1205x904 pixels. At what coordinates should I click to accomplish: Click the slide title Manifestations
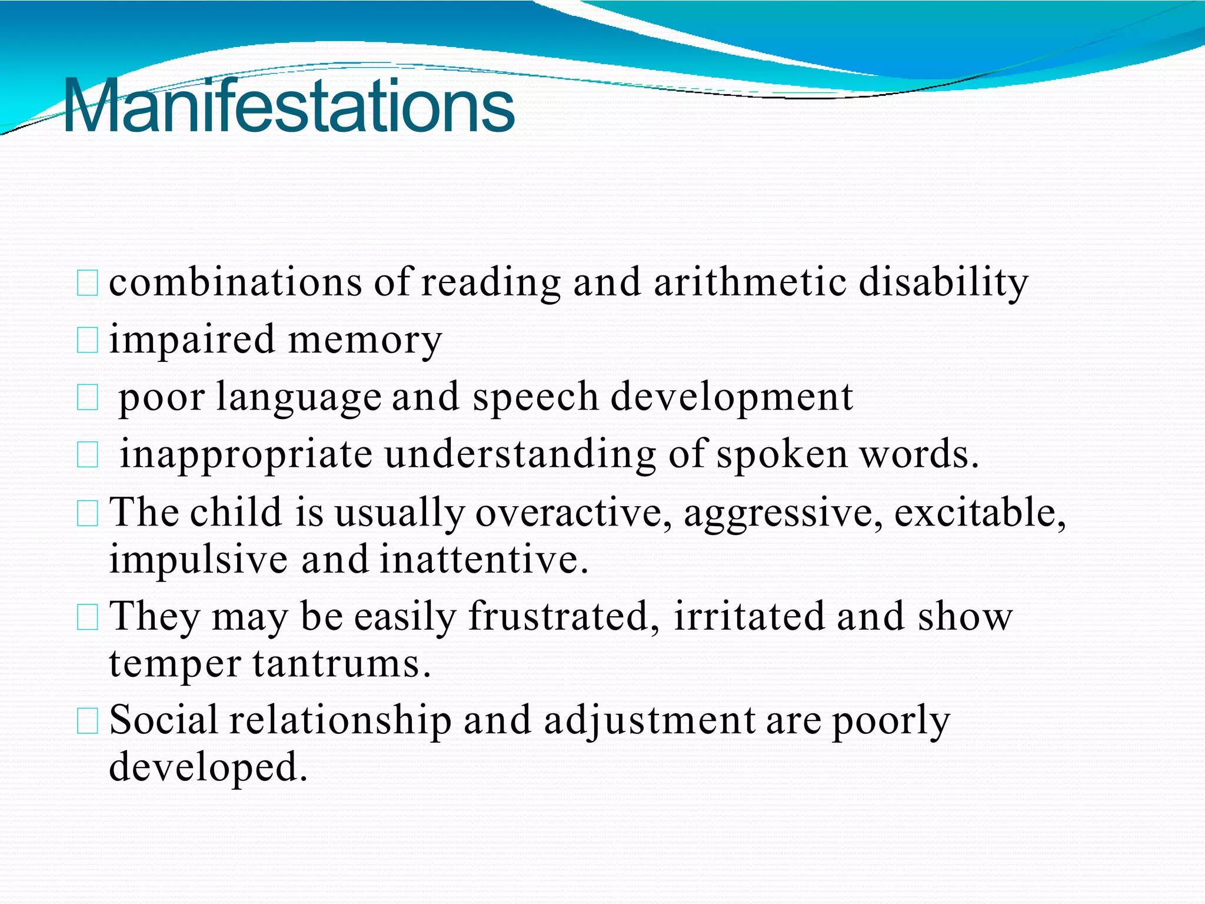pyautogui.click(x=288, y=106)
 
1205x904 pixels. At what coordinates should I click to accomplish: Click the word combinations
pyautogui.click(x=235, y=282)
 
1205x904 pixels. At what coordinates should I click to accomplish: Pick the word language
pyautogui.click(x=299, y=398)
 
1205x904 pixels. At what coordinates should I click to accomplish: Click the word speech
pyautogui.click(x=535, y=397)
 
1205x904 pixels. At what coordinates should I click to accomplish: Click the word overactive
pyautogui.click(x=574, y=512)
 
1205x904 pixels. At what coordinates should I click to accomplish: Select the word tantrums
pyautogui.click(x=342, y=664)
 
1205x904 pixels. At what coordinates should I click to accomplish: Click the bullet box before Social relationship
pyautogui.click(x=88, y=721)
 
